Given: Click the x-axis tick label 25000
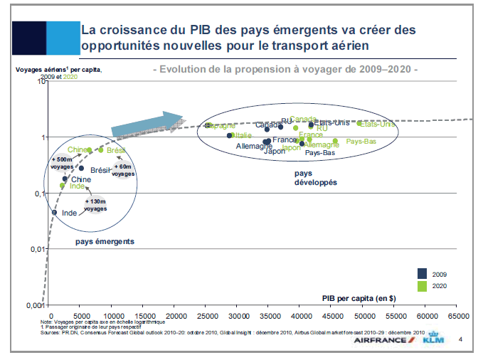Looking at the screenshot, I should tap(207, 315).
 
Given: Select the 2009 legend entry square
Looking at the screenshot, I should tap(422, 272).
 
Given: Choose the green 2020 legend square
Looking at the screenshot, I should tap(422, 285).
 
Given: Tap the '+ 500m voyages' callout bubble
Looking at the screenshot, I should tap(61, 162).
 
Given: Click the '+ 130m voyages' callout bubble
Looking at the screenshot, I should tap(95, 205).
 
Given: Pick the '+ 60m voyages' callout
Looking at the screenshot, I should tap(124, 169).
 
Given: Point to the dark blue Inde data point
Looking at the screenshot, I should tap(54, 212).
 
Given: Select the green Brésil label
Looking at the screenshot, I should tap(116, 150).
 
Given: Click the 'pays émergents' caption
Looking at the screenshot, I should tap(105, 242).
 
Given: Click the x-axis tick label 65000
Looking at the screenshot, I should tap(457, 315).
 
